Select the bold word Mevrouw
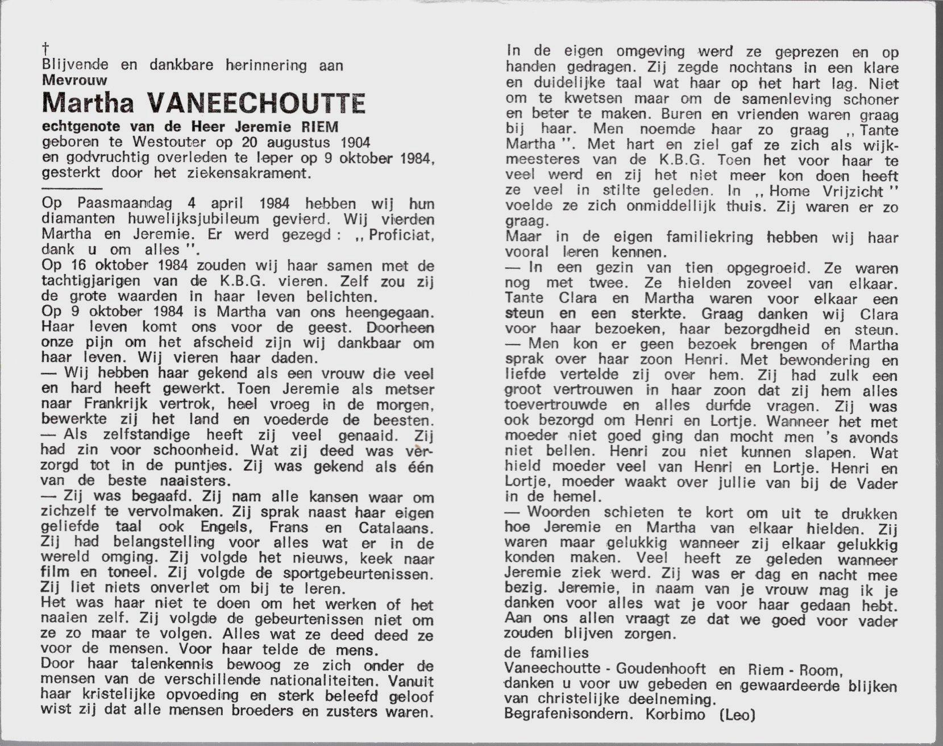pos(74,81)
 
